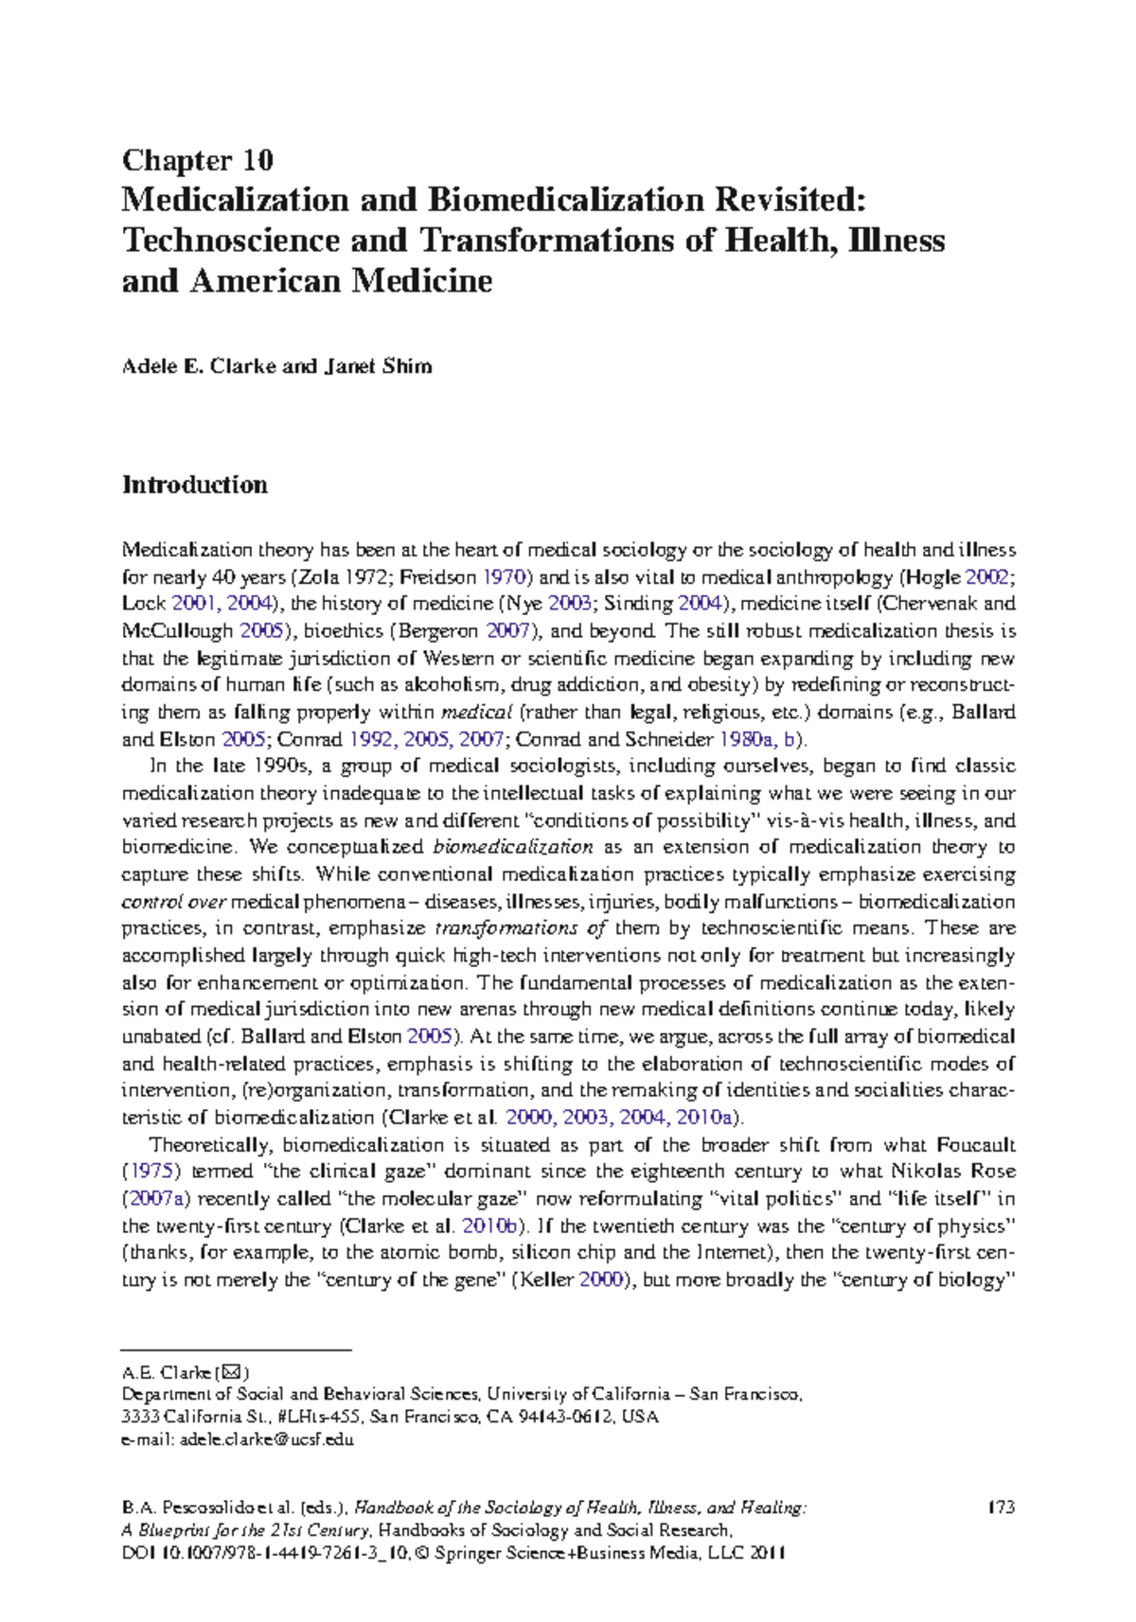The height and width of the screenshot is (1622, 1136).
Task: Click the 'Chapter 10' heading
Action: (198, 160)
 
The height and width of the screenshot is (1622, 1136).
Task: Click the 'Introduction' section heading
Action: (195, 485)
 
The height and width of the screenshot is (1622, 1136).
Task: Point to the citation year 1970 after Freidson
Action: (505, 576)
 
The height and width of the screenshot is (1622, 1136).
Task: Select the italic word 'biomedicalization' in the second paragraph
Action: (513, 847)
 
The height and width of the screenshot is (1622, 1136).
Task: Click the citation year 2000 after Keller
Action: (600, 1280)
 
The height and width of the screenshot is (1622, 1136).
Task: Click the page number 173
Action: (1000, 1507)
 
